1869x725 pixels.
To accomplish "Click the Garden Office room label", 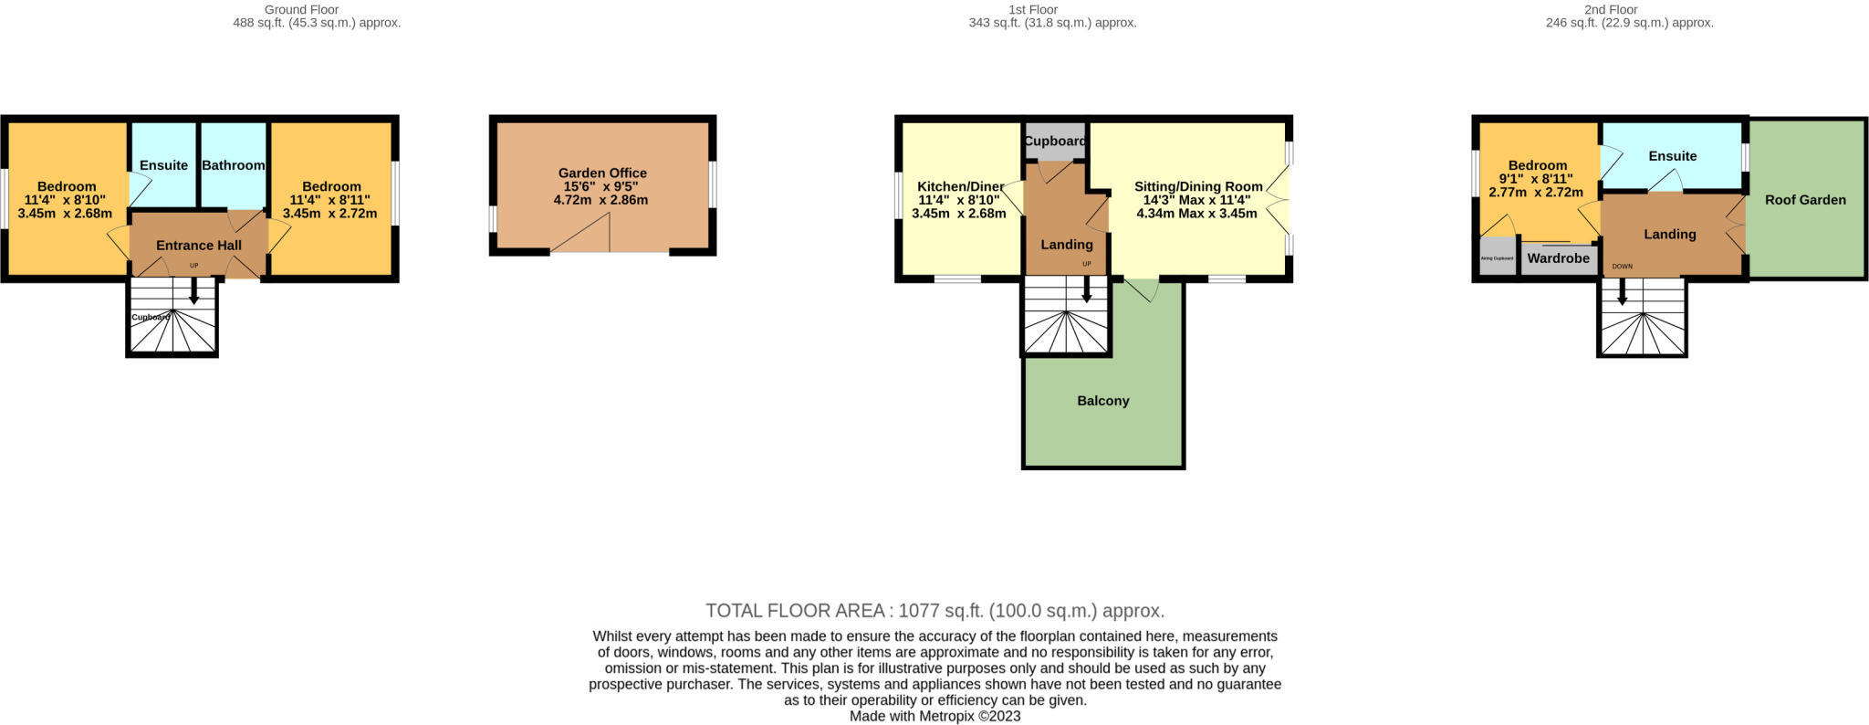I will click(602, 173).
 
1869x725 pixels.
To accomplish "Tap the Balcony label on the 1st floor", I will click(1102, 401).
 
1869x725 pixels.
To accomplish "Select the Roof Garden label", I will click(1804, 200).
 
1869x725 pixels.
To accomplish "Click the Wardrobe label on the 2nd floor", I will click(1558, 258).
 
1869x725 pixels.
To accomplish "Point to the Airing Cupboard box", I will click(1497, 257).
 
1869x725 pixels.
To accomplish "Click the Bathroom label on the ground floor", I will click(233, 165).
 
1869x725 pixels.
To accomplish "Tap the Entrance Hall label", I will click(198, 245).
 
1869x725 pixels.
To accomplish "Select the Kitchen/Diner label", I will click(960, 185).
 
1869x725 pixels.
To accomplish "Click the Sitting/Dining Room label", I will click(1197, 186).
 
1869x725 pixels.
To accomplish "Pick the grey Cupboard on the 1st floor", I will click(1055, 142).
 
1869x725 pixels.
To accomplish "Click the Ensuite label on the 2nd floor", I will click(1672, 156).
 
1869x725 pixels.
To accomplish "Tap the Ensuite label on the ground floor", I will click(163, 165).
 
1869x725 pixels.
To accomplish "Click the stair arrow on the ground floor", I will click(193, 292).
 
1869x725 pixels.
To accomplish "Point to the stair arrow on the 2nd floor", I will click(1622, 292).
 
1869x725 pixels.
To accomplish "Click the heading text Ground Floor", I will click(301, 9).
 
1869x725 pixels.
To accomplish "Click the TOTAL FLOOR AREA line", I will click(934, 611).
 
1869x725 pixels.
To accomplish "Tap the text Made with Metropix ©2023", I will click(934, 717).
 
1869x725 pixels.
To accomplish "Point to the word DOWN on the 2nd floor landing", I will click(1622, 267).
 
